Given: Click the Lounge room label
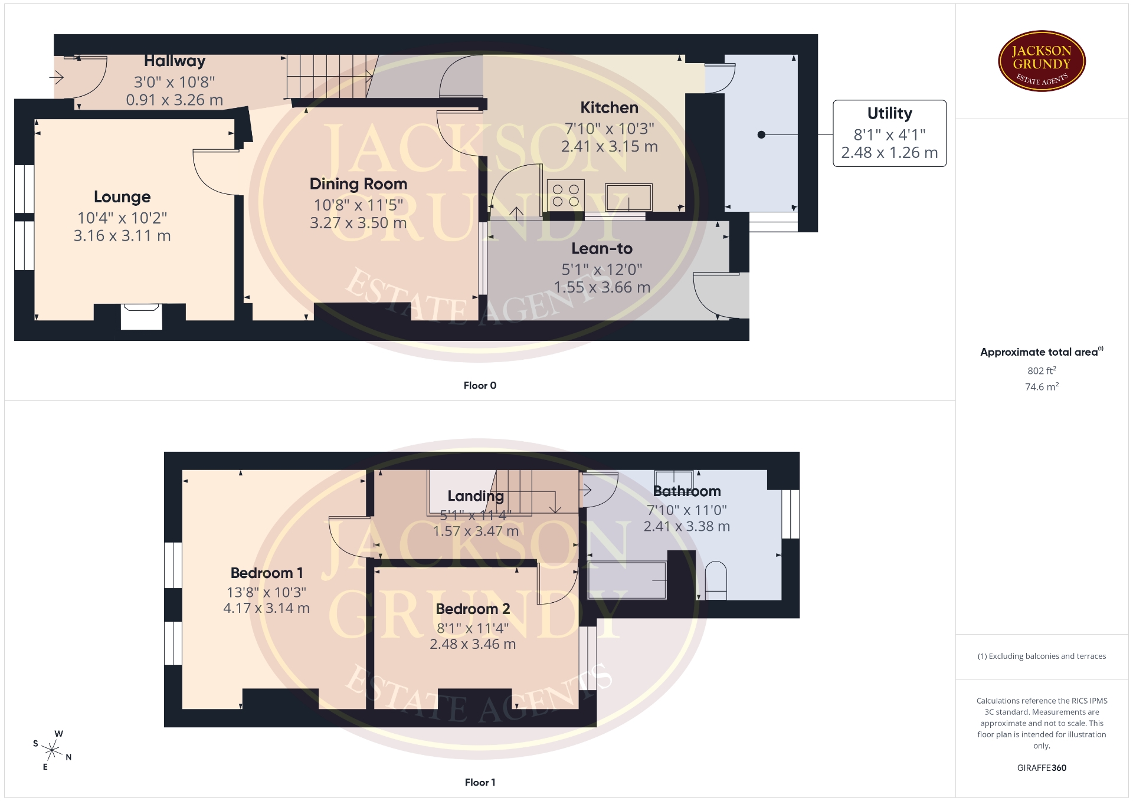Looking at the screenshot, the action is tap(122, 197).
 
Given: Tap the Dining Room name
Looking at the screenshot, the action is tap(358, 184).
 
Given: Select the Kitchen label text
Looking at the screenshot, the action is tap(609, 107).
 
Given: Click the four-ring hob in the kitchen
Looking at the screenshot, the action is tap(566, 195).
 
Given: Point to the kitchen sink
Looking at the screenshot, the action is tap(628, 197).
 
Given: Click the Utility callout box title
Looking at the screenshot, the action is tap(889, 113).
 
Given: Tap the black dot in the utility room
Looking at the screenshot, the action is tap(761, 135).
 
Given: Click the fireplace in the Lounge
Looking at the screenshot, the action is tap(142, 316).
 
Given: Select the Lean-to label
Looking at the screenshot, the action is tap(602, 249).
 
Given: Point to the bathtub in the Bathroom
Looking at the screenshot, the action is tap(627, 580).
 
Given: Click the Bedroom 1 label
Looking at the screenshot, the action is tap(267, 573).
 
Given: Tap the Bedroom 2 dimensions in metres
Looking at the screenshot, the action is tap(473, 644).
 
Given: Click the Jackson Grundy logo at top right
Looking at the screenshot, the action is tap(1042, 61).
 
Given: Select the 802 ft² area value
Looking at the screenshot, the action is tap(1042, 370).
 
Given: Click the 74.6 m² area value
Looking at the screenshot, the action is tap(1042, 386).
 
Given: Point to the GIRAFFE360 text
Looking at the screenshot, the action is tap(1042, 767).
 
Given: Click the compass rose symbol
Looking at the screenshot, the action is tap(53, 750).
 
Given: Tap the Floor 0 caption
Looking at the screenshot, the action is tap(480, 385).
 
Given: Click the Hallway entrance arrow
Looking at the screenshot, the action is tap(56, 77).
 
